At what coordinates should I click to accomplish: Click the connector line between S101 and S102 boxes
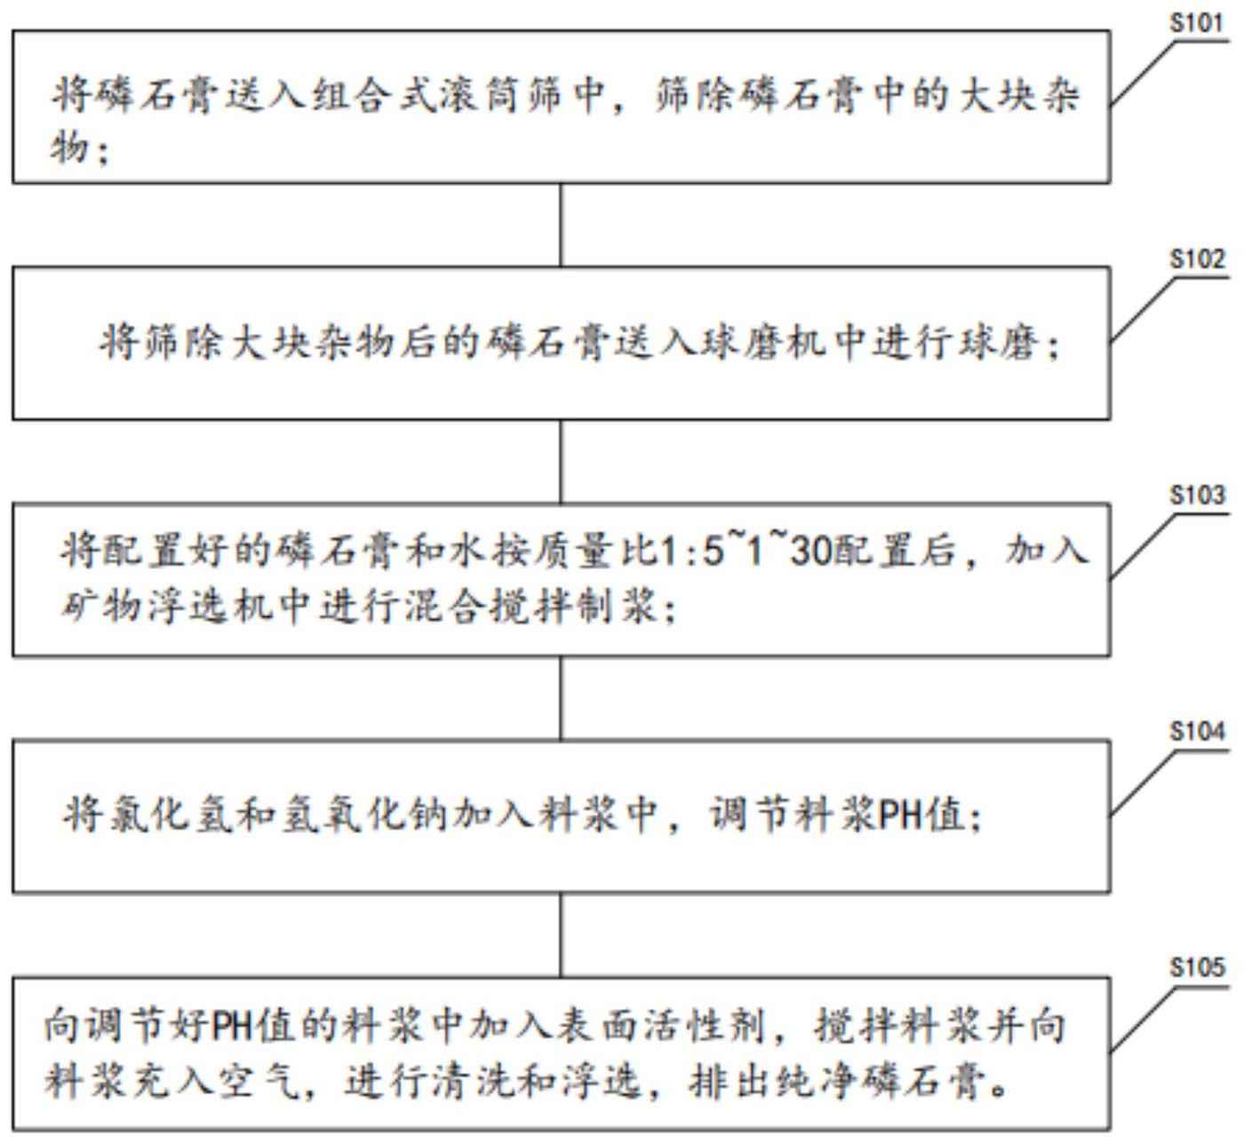[560, 225]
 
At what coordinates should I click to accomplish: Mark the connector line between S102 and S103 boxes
[560, 461]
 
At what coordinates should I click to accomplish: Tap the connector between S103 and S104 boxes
[560, 697]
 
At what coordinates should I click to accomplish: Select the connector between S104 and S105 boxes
[560, 934]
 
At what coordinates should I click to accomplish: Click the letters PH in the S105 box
[230, 1028]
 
